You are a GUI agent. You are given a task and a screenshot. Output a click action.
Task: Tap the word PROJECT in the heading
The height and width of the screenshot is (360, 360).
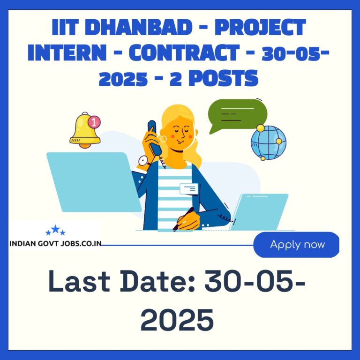click(260, 28)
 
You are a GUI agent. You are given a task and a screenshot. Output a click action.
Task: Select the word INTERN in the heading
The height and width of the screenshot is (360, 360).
click(67, 52)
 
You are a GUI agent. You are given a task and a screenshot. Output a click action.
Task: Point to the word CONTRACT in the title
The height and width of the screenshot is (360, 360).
click(184, 52)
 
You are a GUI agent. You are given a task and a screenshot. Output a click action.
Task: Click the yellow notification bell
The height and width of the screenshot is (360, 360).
click(85, 130)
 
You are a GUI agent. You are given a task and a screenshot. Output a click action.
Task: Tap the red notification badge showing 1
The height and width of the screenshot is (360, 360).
click(94, 122)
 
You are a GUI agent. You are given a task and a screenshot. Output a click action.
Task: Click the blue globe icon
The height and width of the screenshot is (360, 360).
click(269, 142)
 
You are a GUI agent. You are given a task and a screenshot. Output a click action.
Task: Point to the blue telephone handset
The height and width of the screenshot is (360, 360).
click(154, 137)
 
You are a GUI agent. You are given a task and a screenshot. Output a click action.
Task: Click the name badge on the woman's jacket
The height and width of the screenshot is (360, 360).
click(189, 189)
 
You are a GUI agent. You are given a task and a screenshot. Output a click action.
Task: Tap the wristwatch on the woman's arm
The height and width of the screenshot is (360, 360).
click(144, 161)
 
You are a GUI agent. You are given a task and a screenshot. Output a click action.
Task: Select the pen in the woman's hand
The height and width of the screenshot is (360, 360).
click(183, 219)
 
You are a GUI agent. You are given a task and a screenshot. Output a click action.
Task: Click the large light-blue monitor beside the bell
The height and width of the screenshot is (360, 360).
click(94, 182)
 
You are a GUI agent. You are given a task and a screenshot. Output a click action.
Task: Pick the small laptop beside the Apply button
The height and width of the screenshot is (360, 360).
click(259, 212)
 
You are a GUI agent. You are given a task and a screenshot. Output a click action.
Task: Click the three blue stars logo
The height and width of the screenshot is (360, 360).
click(55, 230)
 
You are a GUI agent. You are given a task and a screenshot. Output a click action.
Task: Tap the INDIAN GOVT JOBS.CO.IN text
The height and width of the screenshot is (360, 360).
click(55, 244)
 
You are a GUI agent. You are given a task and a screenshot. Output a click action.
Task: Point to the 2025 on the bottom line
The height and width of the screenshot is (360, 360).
click(177, 320)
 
